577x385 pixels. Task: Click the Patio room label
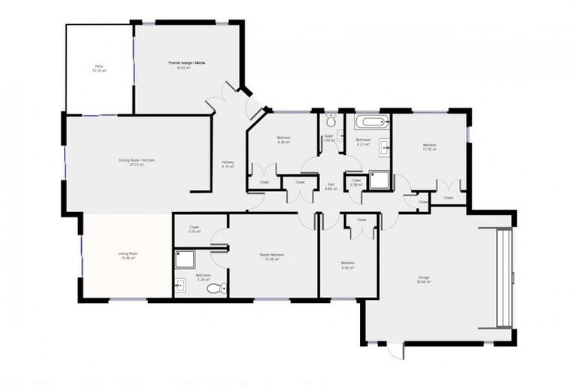click(x=99, y=68)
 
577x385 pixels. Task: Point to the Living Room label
click(x=128, y=256)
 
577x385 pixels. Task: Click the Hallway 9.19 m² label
click(x=228, y=165)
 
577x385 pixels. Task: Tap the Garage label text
click(x=424, y=279)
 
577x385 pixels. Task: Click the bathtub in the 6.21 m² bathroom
click(x=371, y=122)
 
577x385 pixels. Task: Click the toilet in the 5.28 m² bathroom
click(x=216, y=288)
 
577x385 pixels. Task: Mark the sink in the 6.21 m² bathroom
click(x=386, y=146)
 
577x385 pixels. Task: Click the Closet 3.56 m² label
click(x=194, y=229)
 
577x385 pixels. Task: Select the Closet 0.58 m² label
click(x=356, y=182)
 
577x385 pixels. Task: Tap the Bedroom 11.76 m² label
click(x=429, y=147)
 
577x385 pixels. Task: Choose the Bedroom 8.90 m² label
click(x=347, y=265)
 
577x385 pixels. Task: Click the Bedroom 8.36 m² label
click(x=283, y=140)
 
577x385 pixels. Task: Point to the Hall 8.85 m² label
click(x=331, y=187)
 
